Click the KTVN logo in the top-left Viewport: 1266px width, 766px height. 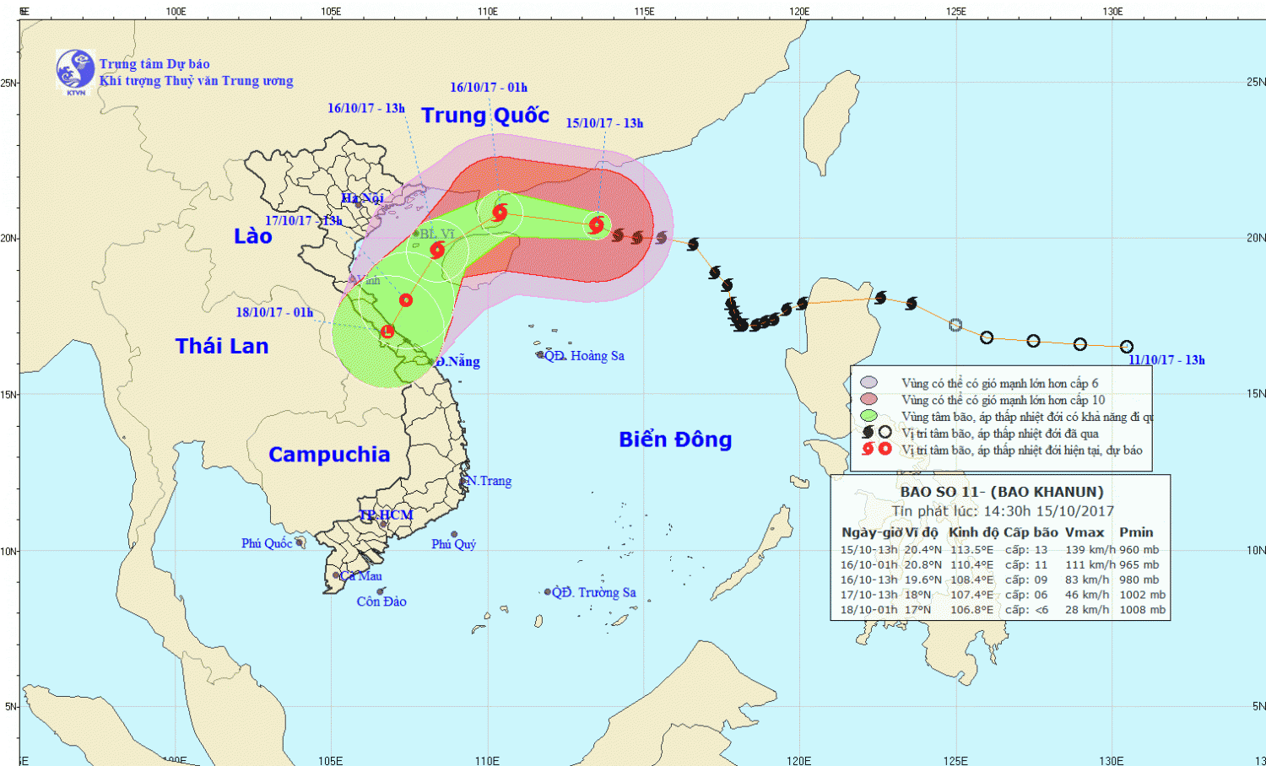[x=75, y=70]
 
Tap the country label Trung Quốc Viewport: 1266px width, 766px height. [x=485, y=116]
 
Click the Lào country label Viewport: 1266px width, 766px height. [x=253, y=236]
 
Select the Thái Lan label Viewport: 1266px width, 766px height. [x=222, y=346]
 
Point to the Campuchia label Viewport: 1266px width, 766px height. [x=329, y=455]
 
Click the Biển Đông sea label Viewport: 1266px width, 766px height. [x=675, y=440]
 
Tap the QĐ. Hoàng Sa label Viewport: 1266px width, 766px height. [x=584, y=356]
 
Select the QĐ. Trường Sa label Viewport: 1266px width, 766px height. [x=594, y=592]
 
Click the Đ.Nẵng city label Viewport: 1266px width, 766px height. [x=458, y=362]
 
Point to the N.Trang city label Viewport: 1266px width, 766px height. [x=490, y=481]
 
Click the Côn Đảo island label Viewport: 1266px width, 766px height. [x=381, y=601]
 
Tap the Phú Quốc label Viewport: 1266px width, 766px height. [x=267, y=543]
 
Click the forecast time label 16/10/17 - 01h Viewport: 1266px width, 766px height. [x=489, y=88]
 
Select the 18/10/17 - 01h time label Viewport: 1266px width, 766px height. [x=274, y=312]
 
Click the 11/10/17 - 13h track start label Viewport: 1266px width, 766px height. [x=1166, y=360]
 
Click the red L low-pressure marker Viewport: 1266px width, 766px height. [x=387, y=332]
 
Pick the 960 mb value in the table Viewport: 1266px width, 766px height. [x=1139, y=550]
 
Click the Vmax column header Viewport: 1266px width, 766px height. [x=1085, y=532]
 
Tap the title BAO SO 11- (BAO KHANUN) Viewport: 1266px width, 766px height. [x=1002, y=492]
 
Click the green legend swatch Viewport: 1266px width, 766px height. [x=868, y=416]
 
